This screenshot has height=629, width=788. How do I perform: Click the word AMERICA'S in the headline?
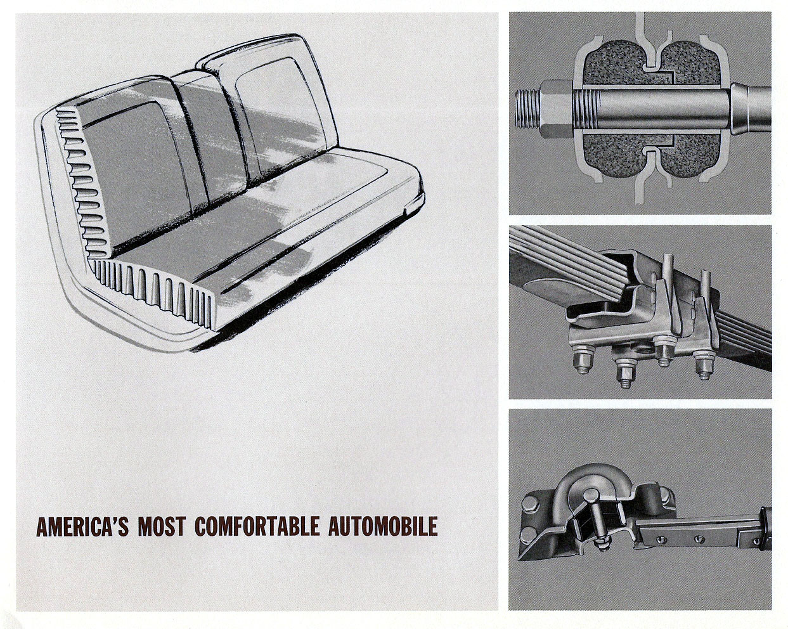pos(82,526)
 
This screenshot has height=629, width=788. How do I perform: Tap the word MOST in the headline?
pos(162,526)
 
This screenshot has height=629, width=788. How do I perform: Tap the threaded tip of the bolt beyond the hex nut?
pos(527,110)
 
